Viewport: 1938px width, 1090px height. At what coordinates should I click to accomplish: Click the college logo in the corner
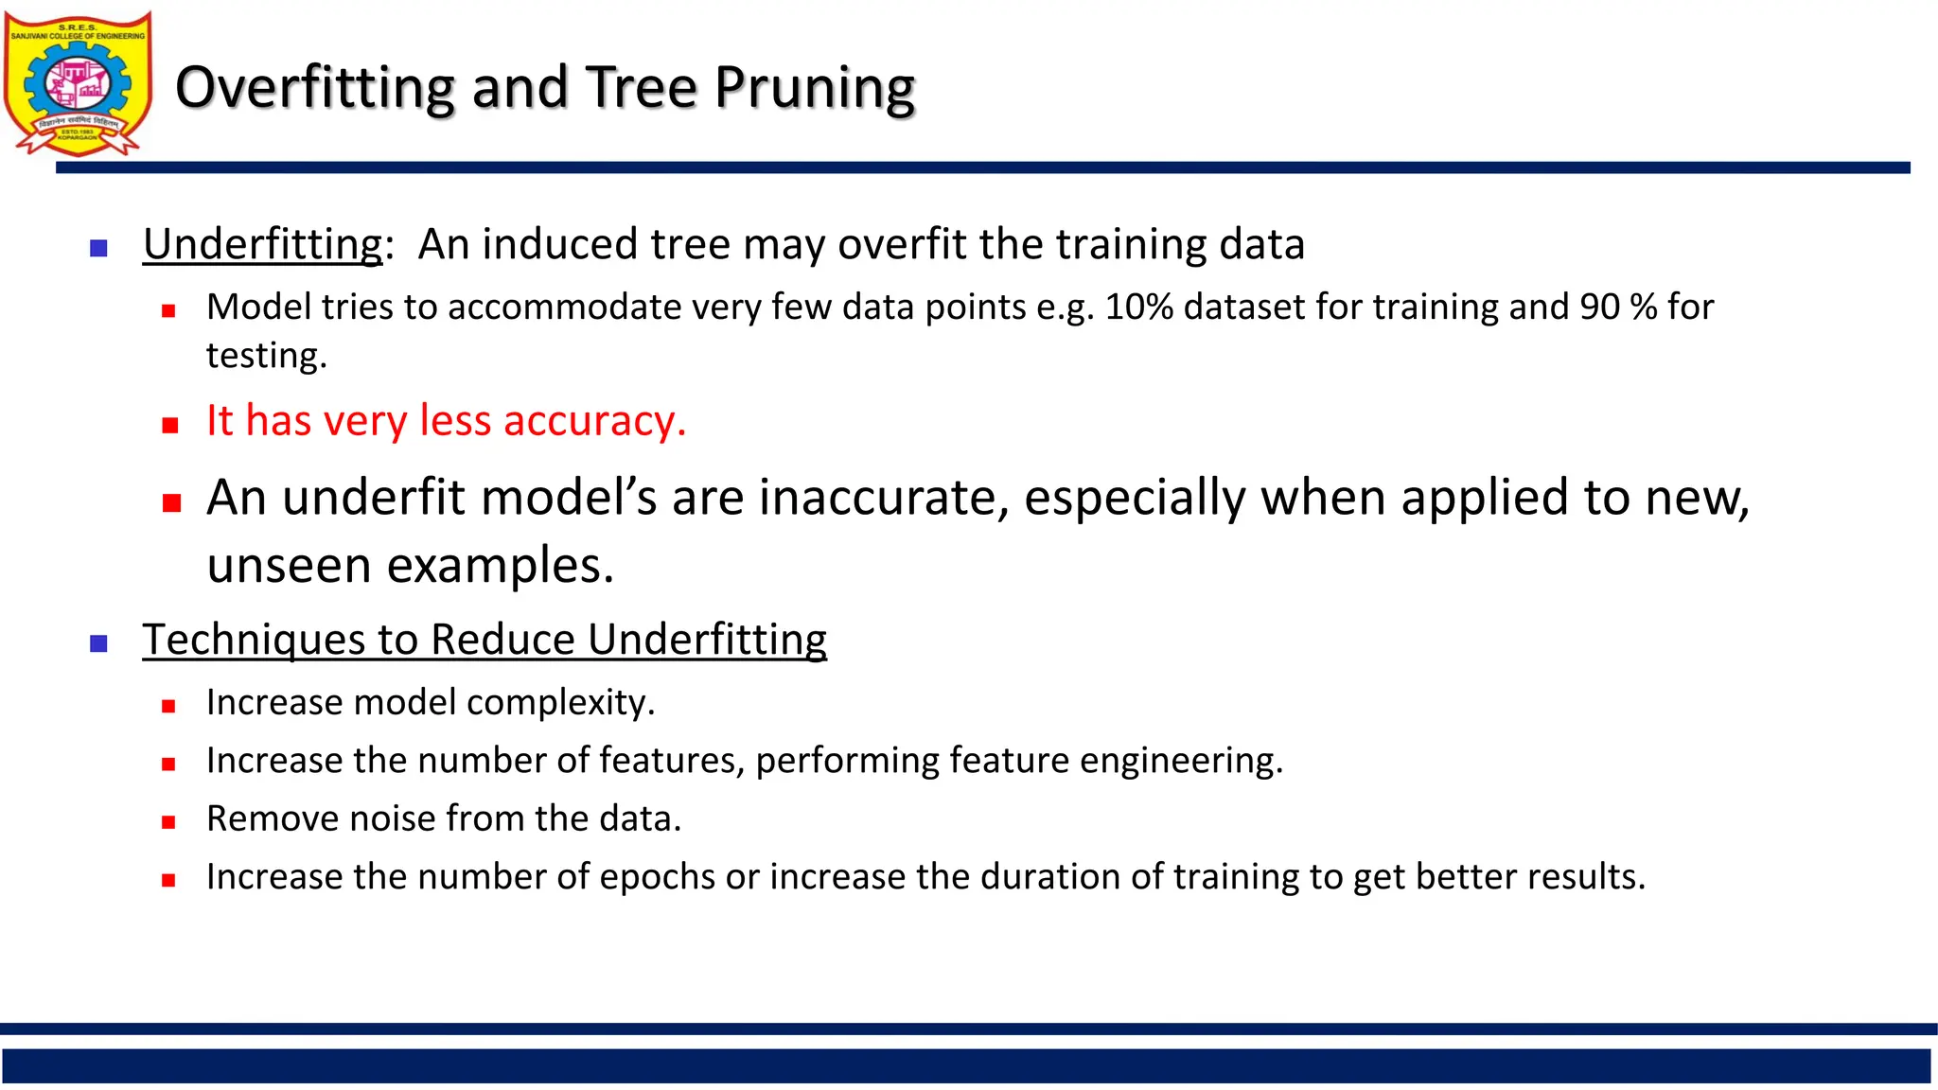pyautogui.click(x=78, y=83)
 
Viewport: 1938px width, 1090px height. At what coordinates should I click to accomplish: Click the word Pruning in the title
pyautogui.click(x=814, y=88)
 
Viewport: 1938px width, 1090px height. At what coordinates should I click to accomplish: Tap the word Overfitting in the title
pyautogui.click(x=315, y=88)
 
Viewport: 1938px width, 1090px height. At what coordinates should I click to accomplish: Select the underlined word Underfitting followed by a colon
pyautogui.click(x=263, y=244)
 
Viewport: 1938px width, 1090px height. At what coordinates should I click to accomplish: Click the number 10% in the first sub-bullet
pyautogui.click(x=1139, y=308)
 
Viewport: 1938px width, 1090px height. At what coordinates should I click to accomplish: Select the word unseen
pyautogui.click(x=290, y=566)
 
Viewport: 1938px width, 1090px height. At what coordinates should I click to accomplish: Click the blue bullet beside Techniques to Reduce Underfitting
pyautogui.click(x=98, y=643)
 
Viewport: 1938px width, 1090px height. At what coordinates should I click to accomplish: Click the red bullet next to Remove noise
pyautogui.click(x=168, y=822)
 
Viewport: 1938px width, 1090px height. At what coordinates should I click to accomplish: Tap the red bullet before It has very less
pyautogui.click(x=169, y=425)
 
